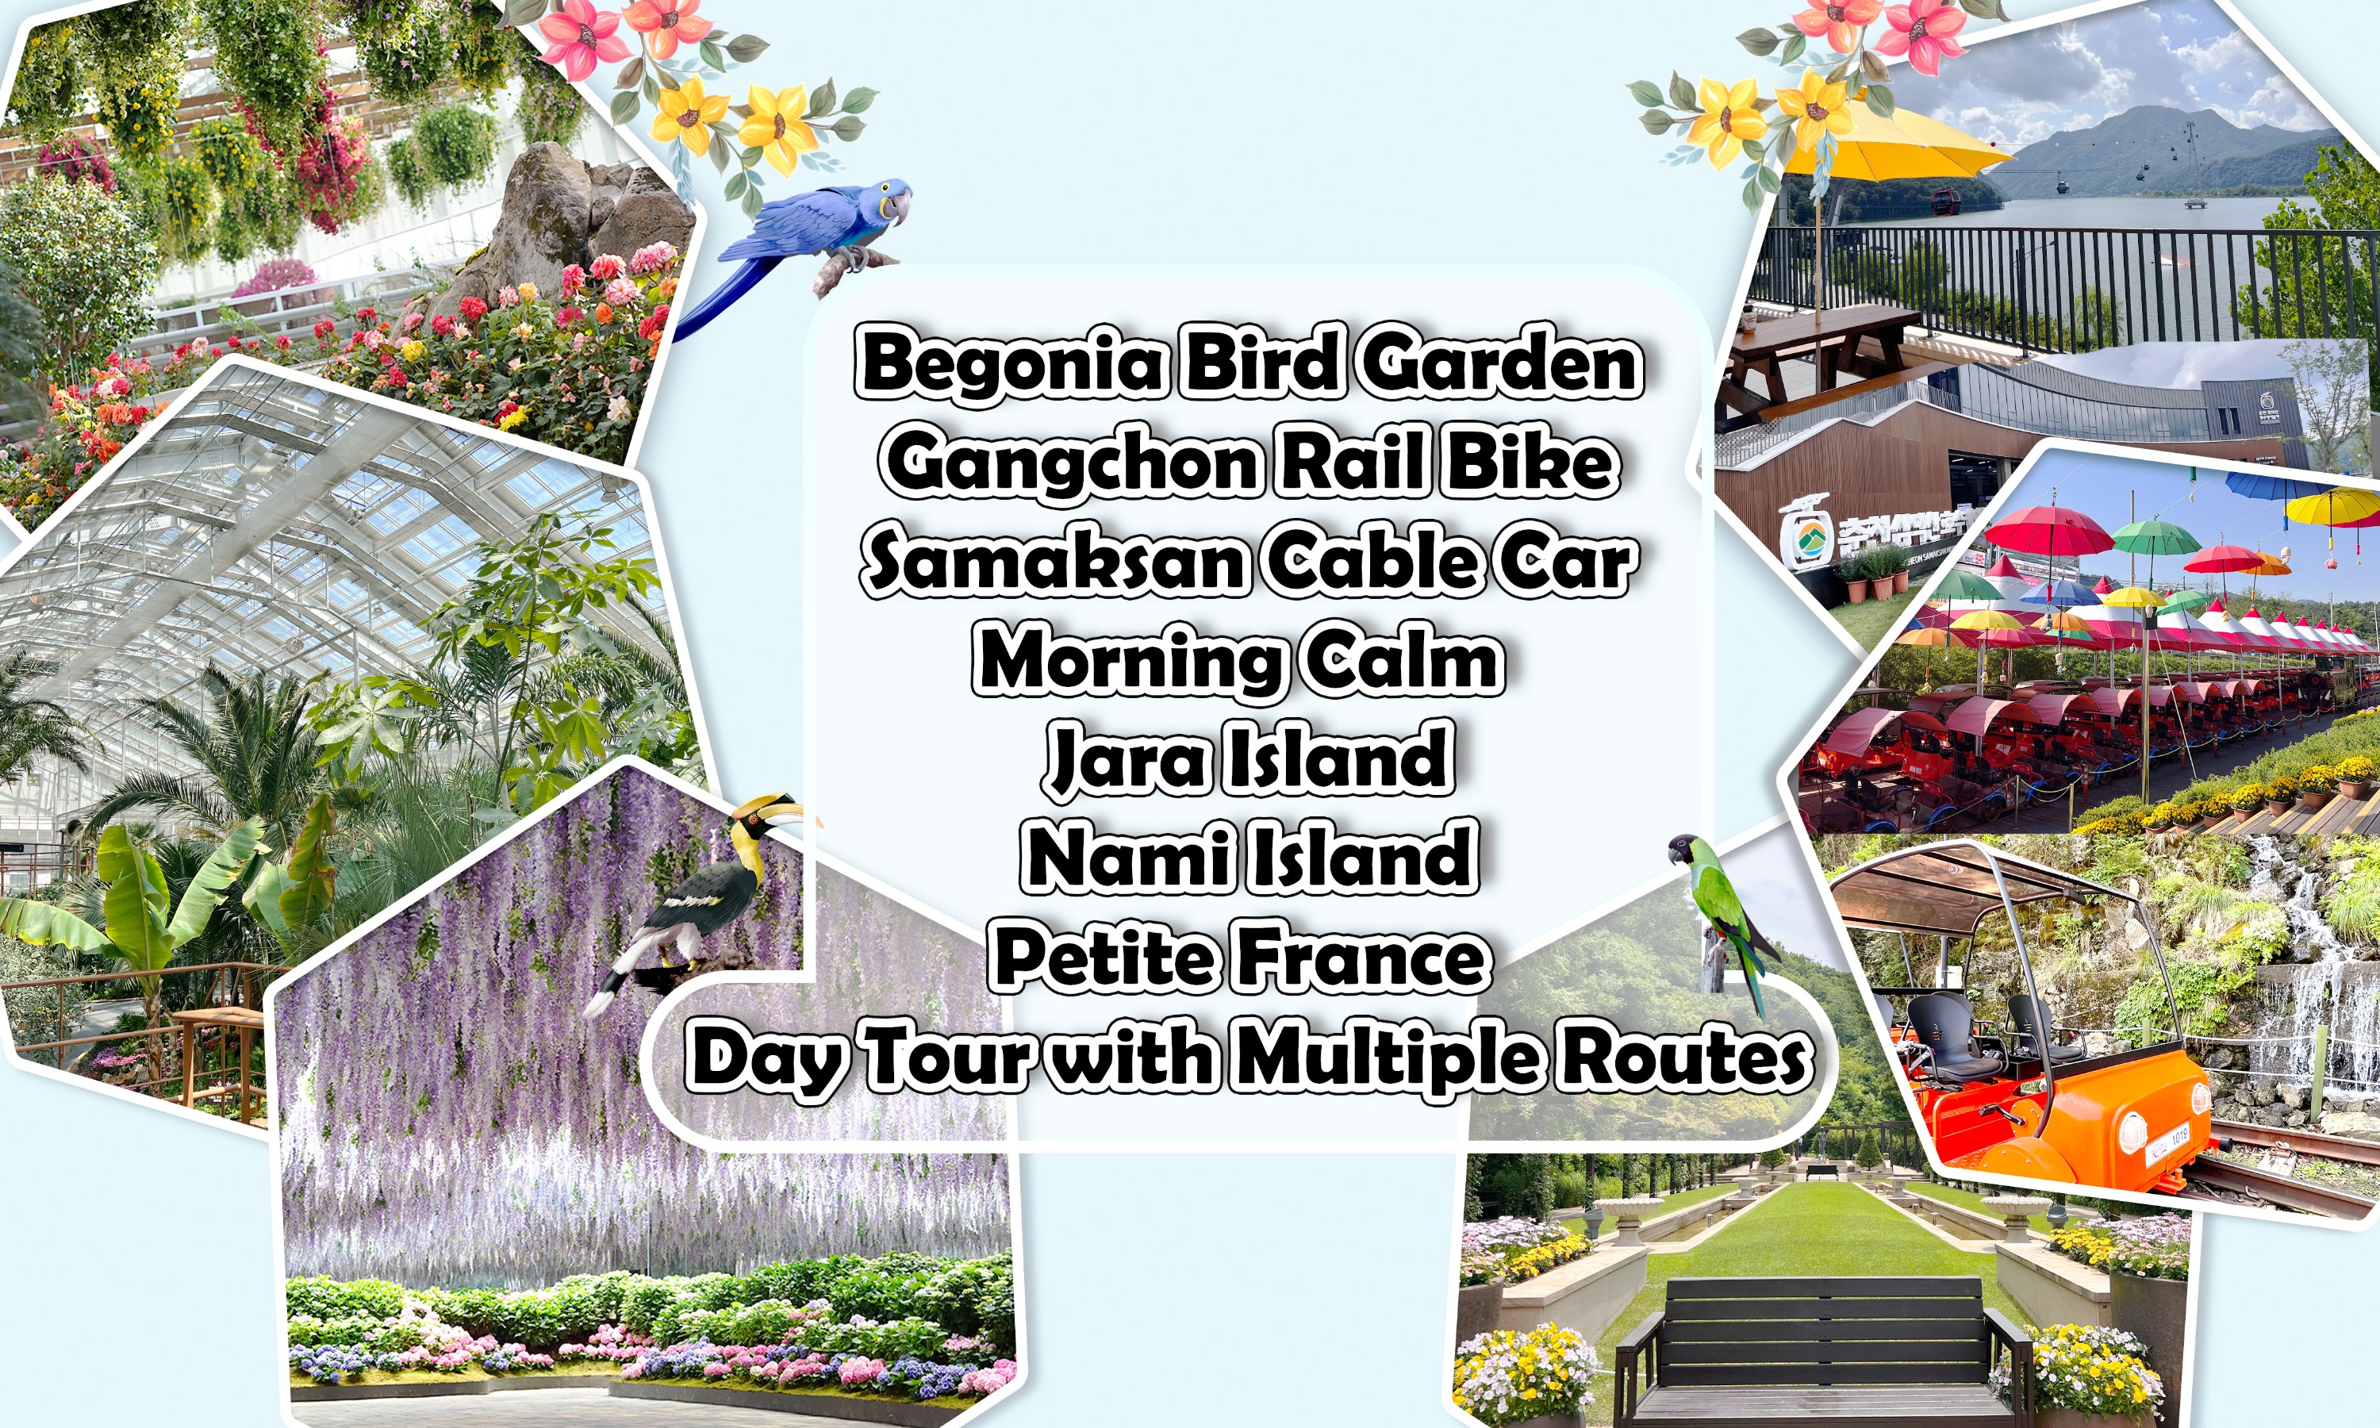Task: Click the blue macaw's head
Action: coord(891,198)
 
